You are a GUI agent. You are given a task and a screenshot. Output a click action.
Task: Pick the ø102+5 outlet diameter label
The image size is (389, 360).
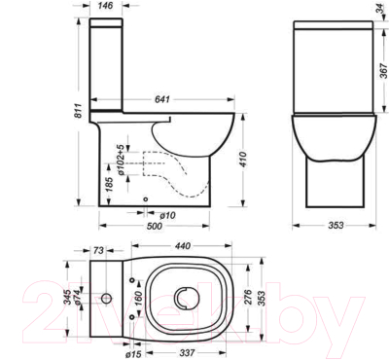(x=120, y=159)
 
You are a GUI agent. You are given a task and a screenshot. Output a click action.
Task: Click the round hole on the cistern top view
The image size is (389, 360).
(x=107, y=295)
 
